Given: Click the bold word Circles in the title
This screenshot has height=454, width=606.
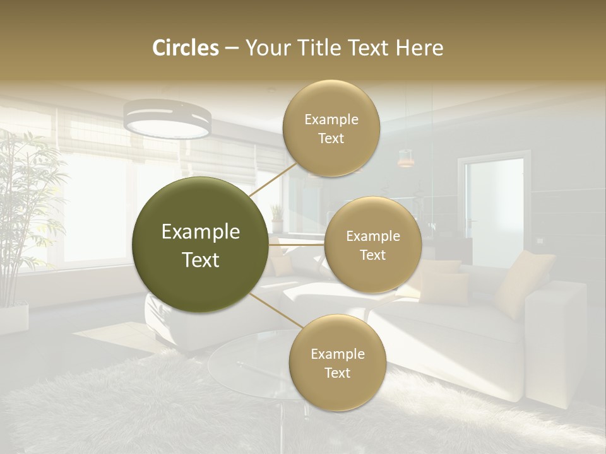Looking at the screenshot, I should click(186, 48).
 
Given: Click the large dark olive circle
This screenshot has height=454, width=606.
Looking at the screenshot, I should click(201, 245).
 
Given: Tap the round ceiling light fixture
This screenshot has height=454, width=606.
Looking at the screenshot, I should click(167, 119).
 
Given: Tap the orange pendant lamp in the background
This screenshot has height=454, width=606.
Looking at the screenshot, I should click(406, 160).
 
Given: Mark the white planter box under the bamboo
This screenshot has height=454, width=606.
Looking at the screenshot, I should click(14, 316).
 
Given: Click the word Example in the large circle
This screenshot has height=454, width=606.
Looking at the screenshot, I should click(201, 232).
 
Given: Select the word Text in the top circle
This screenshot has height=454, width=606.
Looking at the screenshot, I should click(331, 138).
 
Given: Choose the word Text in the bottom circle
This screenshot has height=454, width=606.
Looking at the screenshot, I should click(337, 373).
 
